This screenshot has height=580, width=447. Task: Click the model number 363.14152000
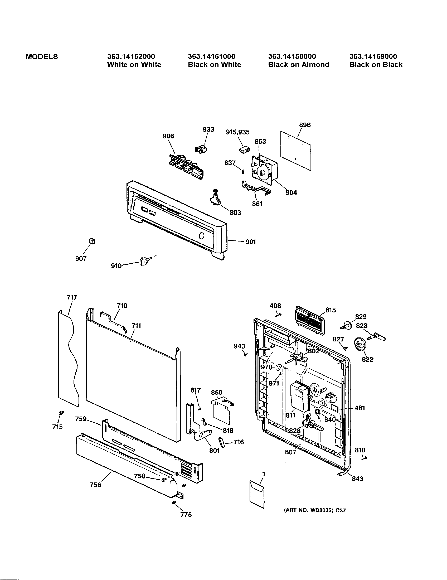(x=131, y=56)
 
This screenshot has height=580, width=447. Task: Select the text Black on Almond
(x=299, y=65)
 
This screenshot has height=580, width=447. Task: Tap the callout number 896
(x=305, y=125)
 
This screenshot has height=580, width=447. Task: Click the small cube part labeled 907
(x=91, y=241)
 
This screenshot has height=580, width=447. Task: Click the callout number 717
(x=72, y=297)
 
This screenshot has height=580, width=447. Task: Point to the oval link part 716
(x=222, y=442)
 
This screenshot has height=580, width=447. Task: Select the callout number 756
(x=96, y=485)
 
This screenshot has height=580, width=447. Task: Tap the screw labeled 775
(x=174, y=502)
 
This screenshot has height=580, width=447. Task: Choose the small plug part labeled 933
(x=201, y=149)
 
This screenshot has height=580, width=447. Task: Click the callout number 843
(x=357, y=478)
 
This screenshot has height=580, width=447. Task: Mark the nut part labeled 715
(x=61, y=413)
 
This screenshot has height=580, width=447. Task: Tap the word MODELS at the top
(x=42, y=57)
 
